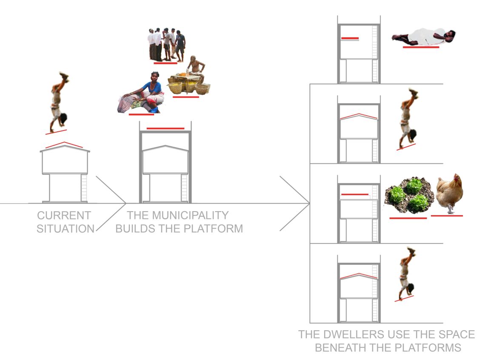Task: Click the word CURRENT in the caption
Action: (x=64, y=215)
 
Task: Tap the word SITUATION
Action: (x=66, y=229)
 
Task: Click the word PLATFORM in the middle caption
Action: (x=214, y=229)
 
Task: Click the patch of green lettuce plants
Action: (x=408, y=196)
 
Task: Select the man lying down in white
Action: (x=423, y=37)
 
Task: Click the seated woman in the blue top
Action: (x=141, y=93)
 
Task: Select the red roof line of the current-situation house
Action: (x=64, y=145)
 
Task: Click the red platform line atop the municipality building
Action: (x=165, y=128)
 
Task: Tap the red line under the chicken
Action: (x=447, y=215)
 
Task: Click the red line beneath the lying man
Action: (x=421, y=47)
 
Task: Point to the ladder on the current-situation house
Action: (x=84, y=188)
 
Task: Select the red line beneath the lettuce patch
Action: (x=408, y=218)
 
